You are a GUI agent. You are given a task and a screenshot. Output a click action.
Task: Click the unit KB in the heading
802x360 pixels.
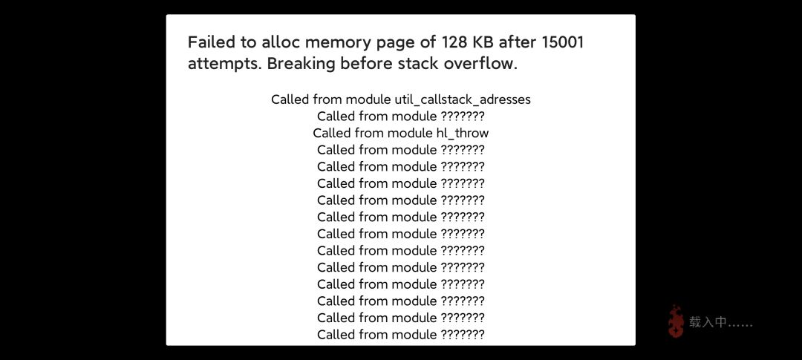pyautogui.click(x=483, y=42)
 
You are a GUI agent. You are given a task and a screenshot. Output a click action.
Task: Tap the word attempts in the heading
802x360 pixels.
pyautogui.click(x=224, y=65)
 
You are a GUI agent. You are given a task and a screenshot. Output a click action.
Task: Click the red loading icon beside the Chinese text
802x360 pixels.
pyautogui.click(x=677, y=321)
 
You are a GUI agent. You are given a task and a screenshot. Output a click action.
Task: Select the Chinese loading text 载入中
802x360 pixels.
pyautogui.click(x=708, y=322)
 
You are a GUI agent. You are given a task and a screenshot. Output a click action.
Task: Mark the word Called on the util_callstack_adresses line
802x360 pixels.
pyautogui.click(x=292, y=99)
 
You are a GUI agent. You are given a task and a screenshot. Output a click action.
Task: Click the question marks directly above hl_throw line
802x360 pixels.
pyautogui.click(x=463, y=116)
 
